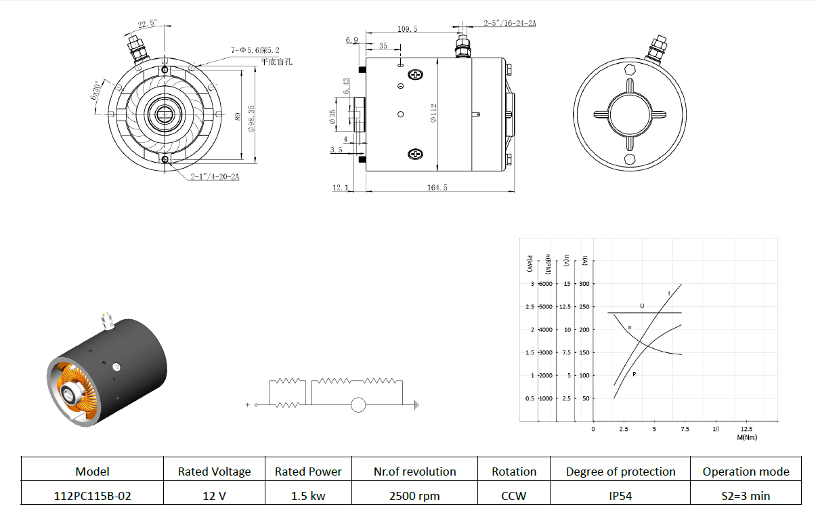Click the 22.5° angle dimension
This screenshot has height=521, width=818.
pos(147,24)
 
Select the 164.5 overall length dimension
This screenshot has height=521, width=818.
pos(437,188)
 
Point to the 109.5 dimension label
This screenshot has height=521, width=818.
pos(407,29)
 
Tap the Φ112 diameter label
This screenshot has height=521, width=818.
pos(433,113)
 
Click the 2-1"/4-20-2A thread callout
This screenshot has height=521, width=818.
pos(215,177)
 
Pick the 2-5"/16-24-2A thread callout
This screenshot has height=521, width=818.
pos(510,23)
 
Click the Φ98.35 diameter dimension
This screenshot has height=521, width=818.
pos(251,119)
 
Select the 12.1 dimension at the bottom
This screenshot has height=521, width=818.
pos(341,188)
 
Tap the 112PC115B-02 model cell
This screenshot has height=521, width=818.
pos(92,496)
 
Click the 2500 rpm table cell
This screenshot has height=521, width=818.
pos(414,496)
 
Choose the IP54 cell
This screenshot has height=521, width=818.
pos(620,496)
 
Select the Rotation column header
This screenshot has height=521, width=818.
pos(514,472)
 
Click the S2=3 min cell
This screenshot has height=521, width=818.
pos(746,496)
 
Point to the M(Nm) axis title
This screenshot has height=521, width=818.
pos(747,438)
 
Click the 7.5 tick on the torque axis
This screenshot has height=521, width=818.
pos(685,429)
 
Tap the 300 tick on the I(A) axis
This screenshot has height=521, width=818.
pos(584,284)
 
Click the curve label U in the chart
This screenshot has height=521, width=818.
pos(643,306)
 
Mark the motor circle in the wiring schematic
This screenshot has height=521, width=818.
pos(358,405)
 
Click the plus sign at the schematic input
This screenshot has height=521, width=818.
pos(248,405)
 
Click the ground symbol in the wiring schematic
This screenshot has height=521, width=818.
pos(416,405)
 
